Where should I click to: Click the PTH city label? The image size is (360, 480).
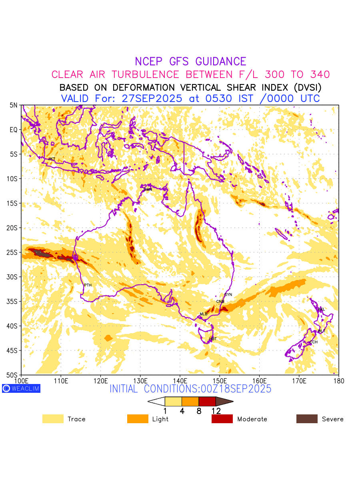click(x=88, y=285)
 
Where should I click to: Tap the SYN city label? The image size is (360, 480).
click(x=228, y=295)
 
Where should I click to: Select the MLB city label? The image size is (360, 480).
click(x=204, y=314)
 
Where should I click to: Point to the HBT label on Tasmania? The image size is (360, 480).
click(x=213, y=339)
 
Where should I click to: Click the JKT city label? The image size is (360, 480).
click(x=52, y=159)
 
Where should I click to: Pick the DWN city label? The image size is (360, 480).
click(x=148, y=190)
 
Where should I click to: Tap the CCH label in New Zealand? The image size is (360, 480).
click(x=314, y=342)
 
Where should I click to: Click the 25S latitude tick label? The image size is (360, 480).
click(x=13, y=252)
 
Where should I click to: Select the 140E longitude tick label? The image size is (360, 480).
click(x=180, y=380)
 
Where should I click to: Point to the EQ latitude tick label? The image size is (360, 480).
click(x=14, y=130)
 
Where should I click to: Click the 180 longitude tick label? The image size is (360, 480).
click(x=338, y=380)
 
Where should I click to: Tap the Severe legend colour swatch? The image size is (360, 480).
click(x=307, y=419)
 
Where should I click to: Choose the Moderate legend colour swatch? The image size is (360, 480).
click(x=222, y=419)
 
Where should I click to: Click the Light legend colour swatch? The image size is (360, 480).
click(x=138, y=419)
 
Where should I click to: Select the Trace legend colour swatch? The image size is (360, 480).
click(x=53, y=419)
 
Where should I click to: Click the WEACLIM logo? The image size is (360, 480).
click(x=21, y=388)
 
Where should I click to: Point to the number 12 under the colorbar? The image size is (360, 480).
click(x=216, y=411)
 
